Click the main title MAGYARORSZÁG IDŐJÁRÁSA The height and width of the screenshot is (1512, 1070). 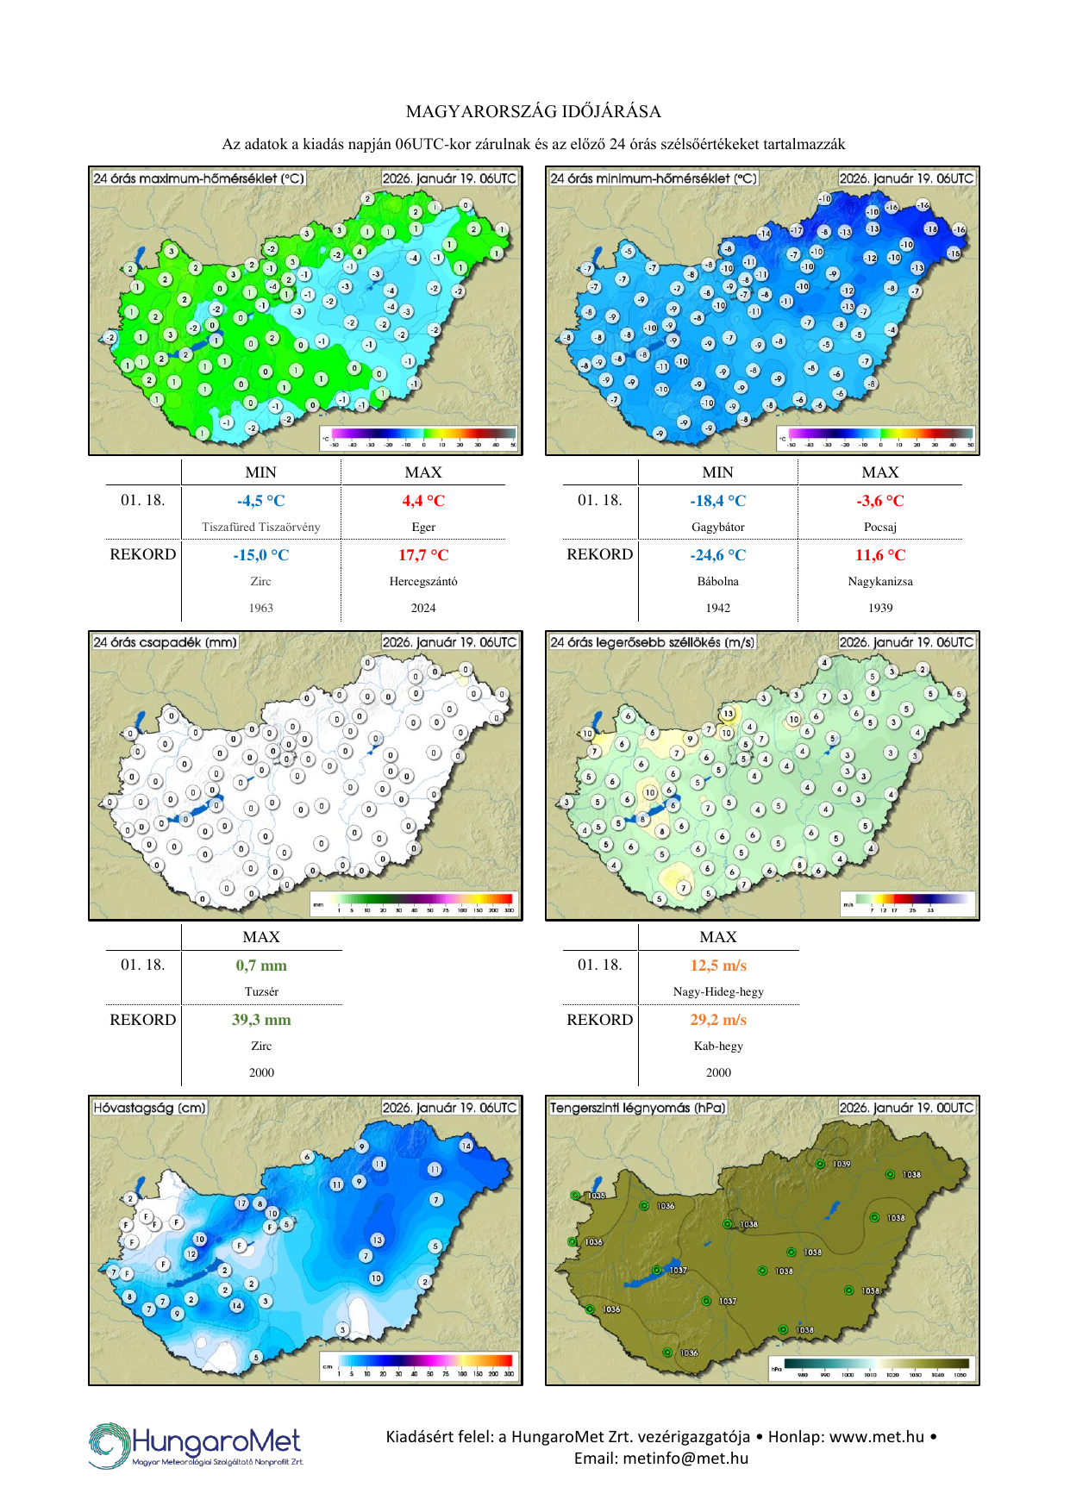coord(534,111)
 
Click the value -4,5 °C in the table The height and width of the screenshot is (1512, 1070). coord(260,501)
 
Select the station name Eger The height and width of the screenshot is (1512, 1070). coord(422,527)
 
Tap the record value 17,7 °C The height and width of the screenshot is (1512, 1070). coord(422,555)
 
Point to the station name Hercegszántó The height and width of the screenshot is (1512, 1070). coord(422,581)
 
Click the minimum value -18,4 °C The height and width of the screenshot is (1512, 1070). coord(717,501)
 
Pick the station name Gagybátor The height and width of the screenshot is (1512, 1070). coord(717,527)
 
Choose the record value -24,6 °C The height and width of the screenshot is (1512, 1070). coord(717,555)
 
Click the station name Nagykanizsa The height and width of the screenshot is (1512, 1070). coord(879,581)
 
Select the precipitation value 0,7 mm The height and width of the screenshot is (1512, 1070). coord(261,965)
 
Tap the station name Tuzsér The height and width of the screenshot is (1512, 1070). coord(261,991)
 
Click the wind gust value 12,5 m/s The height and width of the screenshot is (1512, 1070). coord(717,965)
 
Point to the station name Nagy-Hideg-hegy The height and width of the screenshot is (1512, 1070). coord(717,991)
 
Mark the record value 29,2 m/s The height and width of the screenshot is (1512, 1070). coord(717,1020)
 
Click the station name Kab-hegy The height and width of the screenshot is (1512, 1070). coord(717,1046)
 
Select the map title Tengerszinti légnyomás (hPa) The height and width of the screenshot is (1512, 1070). coord(638,1108)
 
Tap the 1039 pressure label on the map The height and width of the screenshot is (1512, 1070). coord(842,1164)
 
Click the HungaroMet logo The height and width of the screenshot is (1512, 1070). coord(197,1446)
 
